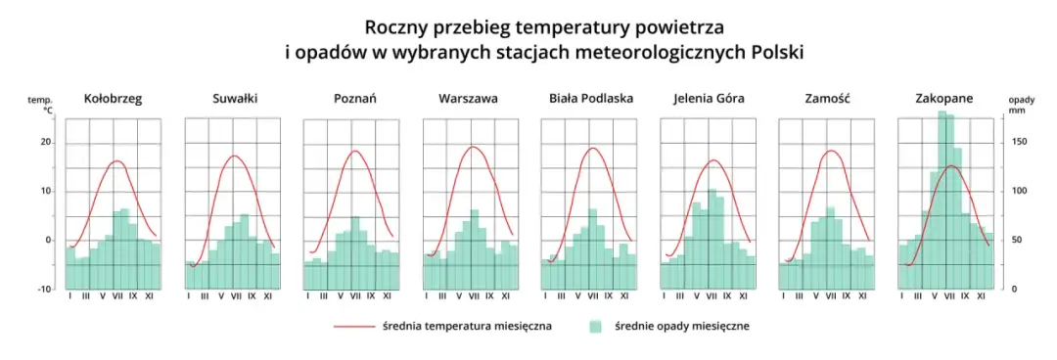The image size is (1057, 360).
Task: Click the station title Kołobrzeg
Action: pos(113,99)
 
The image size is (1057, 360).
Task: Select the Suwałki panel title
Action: pos(235,99)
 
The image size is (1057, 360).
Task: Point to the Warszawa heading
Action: pos(468,99)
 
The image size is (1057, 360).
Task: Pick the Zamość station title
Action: pos(828,99)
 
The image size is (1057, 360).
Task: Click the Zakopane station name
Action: pos(943,99)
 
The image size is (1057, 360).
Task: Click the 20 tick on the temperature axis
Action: pos(45,142)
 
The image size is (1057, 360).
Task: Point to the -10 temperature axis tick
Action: pos(44,289)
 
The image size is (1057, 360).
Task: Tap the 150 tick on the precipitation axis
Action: pos(1017,142)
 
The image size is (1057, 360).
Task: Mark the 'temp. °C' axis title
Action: pos(39,106)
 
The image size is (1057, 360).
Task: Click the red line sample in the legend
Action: pos(353,327)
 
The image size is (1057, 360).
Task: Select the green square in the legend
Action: pos(595,327)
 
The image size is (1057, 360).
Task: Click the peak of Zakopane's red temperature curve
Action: pos(949,166)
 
